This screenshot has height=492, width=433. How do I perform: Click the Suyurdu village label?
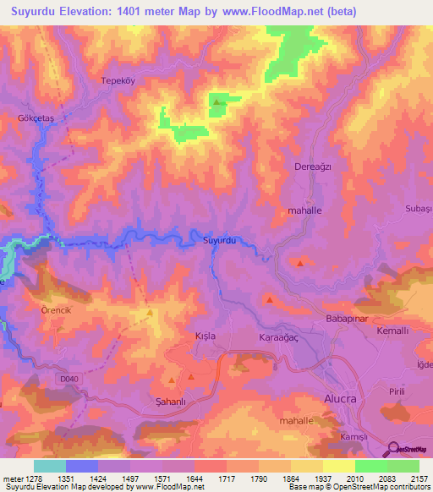pos(218,241)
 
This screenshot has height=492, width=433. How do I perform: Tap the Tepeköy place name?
pos(118,81)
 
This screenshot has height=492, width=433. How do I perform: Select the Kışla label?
pos(206,336)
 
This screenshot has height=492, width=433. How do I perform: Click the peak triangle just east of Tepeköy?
pos(217,103)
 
